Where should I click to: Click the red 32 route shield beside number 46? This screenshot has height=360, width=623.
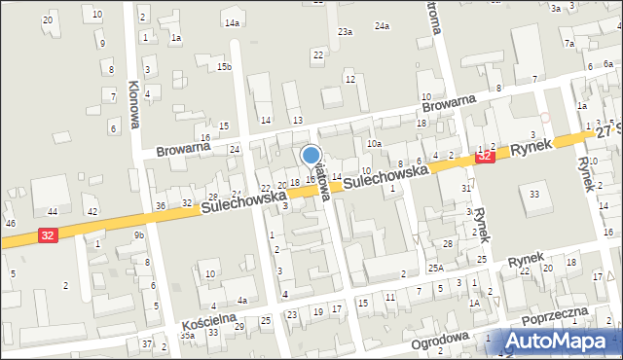click(x=47, y=234)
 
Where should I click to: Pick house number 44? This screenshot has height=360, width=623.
click(x=53, y=212)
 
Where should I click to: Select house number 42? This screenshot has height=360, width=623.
click(x=92, y=212)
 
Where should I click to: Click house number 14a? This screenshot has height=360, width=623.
click(x=232, y=22)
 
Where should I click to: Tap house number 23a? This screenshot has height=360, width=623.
click(x=345, y=32)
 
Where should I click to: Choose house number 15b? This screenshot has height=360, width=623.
click(x=224, y=66)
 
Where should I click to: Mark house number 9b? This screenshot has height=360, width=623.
click(x=139, y=235)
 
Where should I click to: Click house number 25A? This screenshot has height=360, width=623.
click(x=435, y=267)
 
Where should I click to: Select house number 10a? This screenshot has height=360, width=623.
click(x=373, y=143)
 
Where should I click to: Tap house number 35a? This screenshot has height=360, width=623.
click(x=187, y=335)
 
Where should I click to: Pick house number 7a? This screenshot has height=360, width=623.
click(x=569, y=44)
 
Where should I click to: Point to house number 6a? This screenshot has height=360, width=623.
click(x=607, y=63)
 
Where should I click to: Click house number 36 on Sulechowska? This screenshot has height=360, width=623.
click(x=160, y=205)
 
